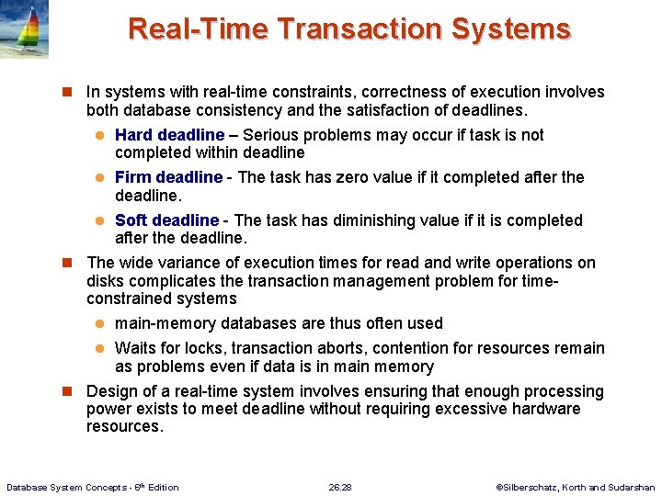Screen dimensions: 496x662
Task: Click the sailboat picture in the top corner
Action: [x=24, y=29]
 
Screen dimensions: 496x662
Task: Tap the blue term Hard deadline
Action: [x=169, y=135]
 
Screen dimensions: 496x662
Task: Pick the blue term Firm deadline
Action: [x=168, y=177]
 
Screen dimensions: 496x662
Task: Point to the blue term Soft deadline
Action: [x=166, y=220]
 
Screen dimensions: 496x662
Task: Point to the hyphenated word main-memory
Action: [x=164, y=323]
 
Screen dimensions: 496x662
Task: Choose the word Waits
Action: [x=135, y=348]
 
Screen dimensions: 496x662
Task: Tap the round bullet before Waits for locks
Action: [x=103, y=349]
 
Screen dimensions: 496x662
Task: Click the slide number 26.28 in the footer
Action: [x=340, y=487]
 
